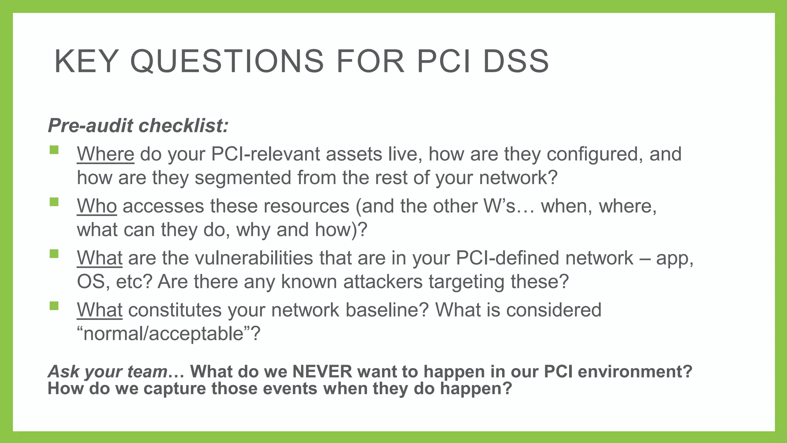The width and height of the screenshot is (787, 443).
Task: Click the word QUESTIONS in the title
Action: point(227,61)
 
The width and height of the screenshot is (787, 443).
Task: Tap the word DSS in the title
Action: point(516,61)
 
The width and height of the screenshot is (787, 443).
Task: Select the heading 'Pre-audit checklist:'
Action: point(138,126)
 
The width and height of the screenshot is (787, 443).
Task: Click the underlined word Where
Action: point(105,154)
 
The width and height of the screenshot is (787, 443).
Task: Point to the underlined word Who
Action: point(97,206)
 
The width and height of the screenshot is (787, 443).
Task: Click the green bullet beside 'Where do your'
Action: point(54,150)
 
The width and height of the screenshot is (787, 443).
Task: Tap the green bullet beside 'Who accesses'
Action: point(54,202)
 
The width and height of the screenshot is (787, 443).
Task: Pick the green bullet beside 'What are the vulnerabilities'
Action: point(54,253)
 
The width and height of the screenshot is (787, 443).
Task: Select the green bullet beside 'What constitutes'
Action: point(54,306)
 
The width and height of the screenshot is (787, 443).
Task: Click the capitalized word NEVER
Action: point(322,371)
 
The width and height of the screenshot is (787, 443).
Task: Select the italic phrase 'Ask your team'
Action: point(108,371)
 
